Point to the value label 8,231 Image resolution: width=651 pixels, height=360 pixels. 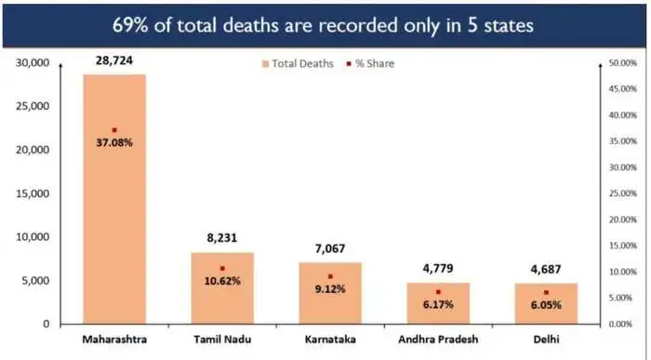click(222, 238)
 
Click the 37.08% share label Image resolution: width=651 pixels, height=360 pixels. click(114, 143)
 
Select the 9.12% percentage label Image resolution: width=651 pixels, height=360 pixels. click(330, 288)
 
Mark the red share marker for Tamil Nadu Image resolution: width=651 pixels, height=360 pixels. click(222, 268)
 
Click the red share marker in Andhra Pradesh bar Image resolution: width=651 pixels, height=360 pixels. click(438, 291)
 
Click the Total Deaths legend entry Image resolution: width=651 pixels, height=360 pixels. click(297, 63)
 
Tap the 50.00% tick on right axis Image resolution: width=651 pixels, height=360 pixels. click(619, 63)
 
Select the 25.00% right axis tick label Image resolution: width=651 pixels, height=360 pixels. click(619, 193)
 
